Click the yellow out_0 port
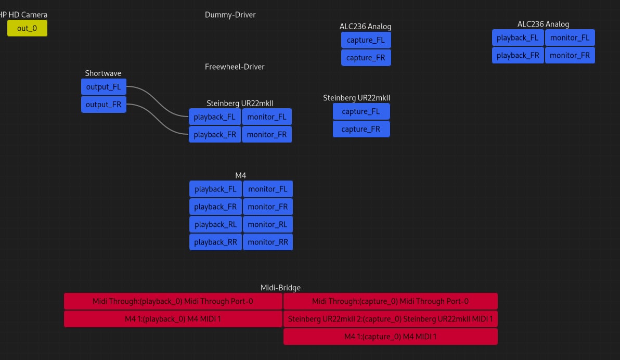(x=27, y=28)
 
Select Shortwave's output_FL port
(x=104, y=87)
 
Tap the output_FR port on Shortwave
(x=104, y=105)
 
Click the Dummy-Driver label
(x=230, y=15)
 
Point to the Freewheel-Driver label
(x=235, y=67)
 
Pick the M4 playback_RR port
(x=215, y=242)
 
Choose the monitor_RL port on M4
(x=267, y=224)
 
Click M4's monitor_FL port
(x=267, y=189)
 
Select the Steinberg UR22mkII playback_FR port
(x=215, y=134)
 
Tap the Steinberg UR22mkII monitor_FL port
(x=266, y=117)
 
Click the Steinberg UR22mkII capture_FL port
(x=361, y=111)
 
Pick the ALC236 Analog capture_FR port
(x=366, y=58)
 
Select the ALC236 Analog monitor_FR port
(x=570, y=55)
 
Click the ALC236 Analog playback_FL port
(x=518, y=37)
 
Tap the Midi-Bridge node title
(x=280, y=288)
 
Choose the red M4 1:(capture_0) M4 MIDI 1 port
(x=390, y=337)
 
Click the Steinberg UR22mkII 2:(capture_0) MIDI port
(x=390, y=319)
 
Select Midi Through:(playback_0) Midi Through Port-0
(x=173, y=301)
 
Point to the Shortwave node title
(x=103, y=73)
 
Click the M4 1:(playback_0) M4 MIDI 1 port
(x=173, y=319)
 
